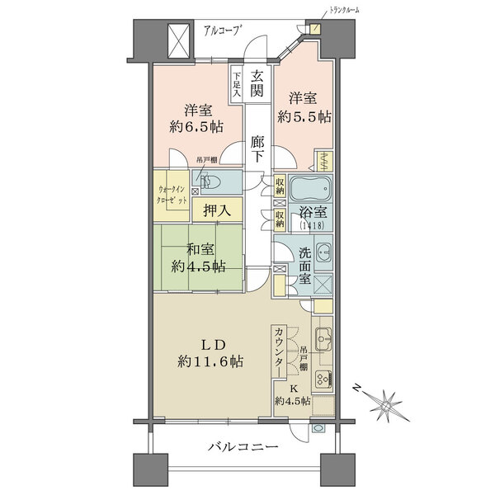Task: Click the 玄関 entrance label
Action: pos(257,83)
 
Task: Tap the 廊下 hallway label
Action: pos(257,148)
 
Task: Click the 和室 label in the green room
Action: pos(201,249)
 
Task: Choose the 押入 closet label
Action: pos(217,211)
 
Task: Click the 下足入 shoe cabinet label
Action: pos(236,84)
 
